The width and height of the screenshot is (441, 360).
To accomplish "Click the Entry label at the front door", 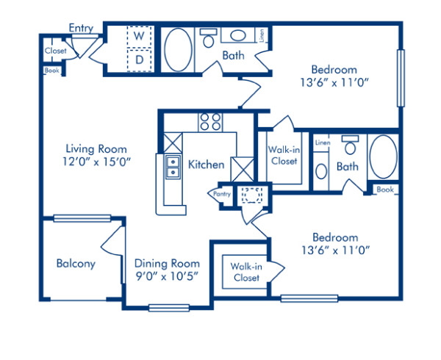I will (81, 28).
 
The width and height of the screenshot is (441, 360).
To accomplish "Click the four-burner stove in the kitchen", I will (210, 122).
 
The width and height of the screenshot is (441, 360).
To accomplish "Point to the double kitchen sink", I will (172, 168).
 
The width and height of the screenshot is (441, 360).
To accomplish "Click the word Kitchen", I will (207, 165).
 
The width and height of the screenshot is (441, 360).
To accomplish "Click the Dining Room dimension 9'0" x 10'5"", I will (167, 276).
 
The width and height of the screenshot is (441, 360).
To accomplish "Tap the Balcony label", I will (76, 264).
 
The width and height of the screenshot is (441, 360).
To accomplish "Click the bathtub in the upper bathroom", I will (176, 50).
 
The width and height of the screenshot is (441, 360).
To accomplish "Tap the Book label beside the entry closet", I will (51, 71).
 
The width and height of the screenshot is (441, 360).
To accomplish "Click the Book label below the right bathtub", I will (385, 190).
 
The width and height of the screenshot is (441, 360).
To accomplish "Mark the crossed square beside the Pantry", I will (240, 168).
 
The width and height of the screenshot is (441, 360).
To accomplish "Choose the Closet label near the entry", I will (55, 51).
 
